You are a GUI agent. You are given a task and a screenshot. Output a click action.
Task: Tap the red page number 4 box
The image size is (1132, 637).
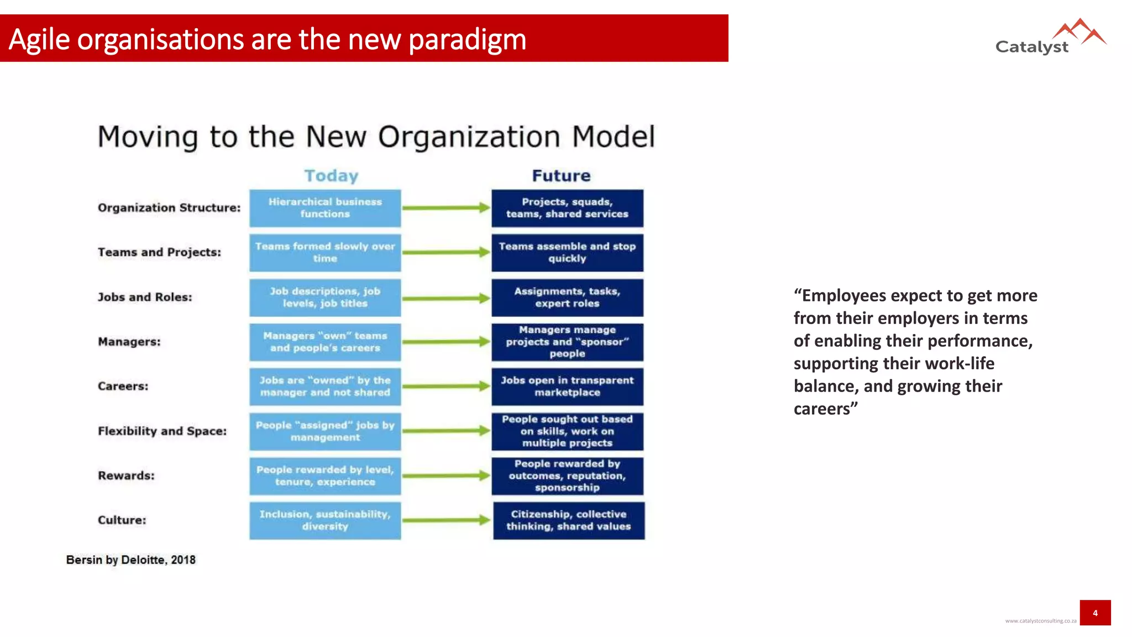tap(1095, 613)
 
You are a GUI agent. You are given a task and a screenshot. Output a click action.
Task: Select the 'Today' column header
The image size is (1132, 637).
tap(331, 176)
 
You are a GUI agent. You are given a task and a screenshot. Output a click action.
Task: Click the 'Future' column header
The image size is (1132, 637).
tap(561, 176)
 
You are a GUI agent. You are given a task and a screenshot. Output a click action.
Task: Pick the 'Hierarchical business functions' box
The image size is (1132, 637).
tap(325, 208)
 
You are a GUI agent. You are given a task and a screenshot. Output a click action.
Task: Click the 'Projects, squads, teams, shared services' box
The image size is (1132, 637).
tap(567, 208)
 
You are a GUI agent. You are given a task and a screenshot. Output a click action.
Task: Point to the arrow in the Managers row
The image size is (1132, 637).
tap(446, 342)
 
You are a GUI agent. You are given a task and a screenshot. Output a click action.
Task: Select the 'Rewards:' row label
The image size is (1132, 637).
tap(126, 476)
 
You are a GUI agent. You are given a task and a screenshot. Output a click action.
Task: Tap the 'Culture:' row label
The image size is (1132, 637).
tap(122, 520)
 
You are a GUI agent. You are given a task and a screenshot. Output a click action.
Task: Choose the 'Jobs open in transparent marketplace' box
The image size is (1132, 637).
tap(567, 387)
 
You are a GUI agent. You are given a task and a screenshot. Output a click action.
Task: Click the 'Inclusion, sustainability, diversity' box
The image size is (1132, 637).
tap(325, 520)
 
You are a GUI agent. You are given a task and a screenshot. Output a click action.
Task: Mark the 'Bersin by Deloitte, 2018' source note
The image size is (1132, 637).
tap(130, 560)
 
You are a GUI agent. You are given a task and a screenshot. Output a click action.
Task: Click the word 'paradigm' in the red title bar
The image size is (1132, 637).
tap(468, 40)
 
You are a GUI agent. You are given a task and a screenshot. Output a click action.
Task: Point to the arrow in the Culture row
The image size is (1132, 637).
tap(446, 520)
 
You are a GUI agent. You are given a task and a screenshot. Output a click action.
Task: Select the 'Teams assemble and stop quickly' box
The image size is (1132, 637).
tap(567, 253)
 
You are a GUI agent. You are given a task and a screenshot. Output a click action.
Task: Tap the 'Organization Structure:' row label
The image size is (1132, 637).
tap(169, 208)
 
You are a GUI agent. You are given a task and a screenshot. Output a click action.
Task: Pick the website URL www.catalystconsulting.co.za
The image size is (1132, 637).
tap(1040, 621)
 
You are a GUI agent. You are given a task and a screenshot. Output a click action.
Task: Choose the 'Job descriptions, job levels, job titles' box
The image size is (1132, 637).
tap(325, 297)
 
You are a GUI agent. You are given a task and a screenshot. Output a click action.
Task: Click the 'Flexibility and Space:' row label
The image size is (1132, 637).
tap(162, 431)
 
